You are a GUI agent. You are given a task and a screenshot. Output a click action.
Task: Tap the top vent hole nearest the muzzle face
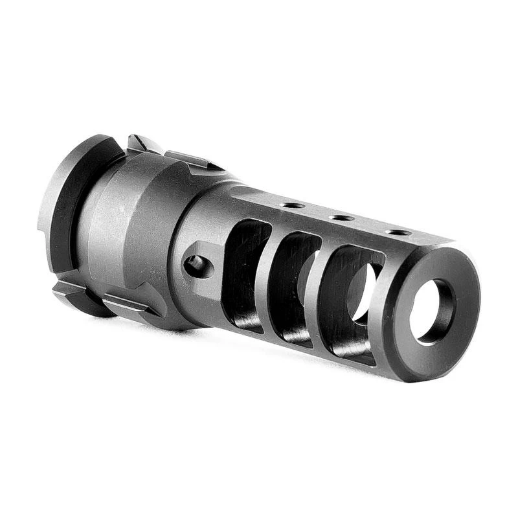[398, 232]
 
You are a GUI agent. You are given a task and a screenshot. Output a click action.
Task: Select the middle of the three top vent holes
[341, 218]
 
